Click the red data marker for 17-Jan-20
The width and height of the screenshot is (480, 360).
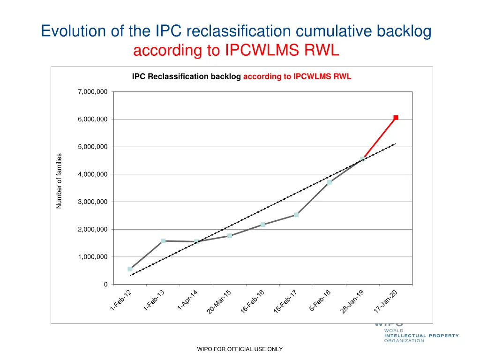click(x=396, y=118)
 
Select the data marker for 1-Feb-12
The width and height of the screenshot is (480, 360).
click(x=130, y=269)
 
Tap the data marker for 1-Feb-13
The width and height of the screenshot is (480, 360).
click(x=163, y=241)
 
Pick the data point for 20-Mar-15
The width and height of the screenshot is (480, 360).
click(x=230, y=236)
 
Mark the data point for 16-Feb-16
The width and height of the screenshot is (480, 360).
click(x=263, y=225)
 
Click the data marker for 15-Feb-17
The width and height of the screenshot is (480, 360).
click(x=296, y=215)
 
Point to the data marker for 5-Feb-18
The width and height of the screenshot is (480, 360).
click(x=330, y=182)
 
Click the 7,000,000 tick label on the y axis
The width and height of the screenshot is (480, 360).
click(x=92, y=92)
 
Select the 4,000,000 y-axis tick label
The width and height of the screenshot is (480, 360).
click(x=92, y=174)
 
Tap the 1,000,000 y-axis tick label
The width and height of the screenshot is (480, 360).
click(x=92, y=257)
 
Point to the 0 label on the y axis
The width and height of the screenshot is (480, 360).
click(x=105, y=285)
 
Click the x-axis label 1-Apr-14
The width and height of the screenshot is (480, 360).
click(x=187, y=300)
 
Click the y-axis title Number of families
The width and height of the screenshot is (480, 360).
click(x=59, y=181)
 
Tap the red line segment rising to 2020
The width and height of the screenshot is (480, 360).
click(x=380, y=138)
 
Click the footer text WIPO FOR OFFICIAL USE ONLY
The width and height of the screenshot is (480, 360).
click(x=240, y=349)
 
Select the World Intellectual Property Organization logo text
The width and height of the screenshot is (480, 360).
click(x=421, y=336)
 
